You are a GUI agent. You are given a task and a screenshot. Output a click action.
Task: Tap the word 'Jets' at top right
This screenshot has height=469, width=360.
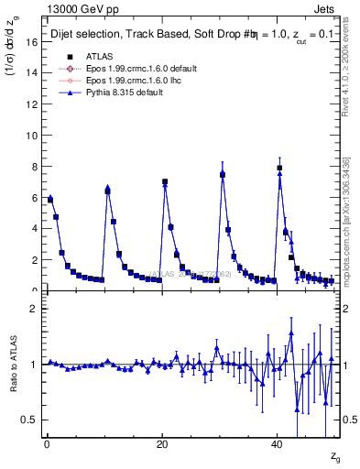326,7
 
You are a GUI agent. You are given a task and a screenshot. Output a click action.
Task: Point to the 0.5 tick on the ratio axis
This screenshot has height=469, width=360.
28,420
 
